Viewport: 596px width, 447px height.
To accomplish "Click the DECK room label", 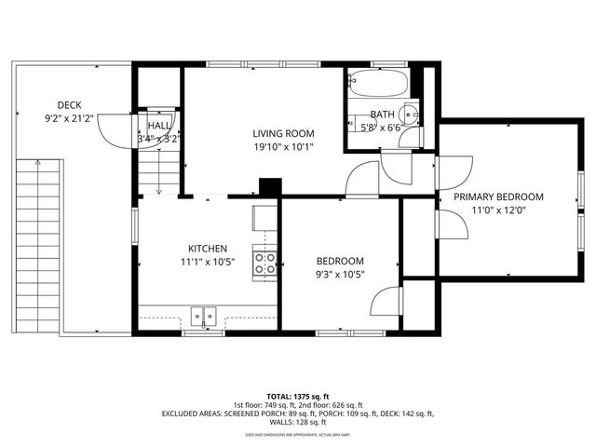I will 69,104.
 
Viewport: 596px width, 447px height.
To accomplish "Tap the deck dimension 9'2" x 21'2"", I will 69,119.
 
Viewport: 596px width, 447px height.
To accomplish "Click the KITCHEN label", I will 207,249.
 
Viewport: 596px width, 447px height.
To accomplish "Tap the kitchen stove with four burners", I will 264,264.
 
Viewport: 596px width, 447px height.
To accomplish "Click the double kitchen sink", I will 203,317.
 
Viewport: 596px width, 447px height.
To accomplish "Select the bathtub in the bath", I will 376,85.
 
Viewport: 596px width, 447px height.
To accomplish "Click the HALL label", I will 159,126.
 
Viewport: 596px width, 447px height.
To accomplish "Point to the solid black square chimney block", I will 270,186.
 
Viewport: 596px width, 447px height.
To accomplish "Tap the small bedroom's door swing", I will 385,300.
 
